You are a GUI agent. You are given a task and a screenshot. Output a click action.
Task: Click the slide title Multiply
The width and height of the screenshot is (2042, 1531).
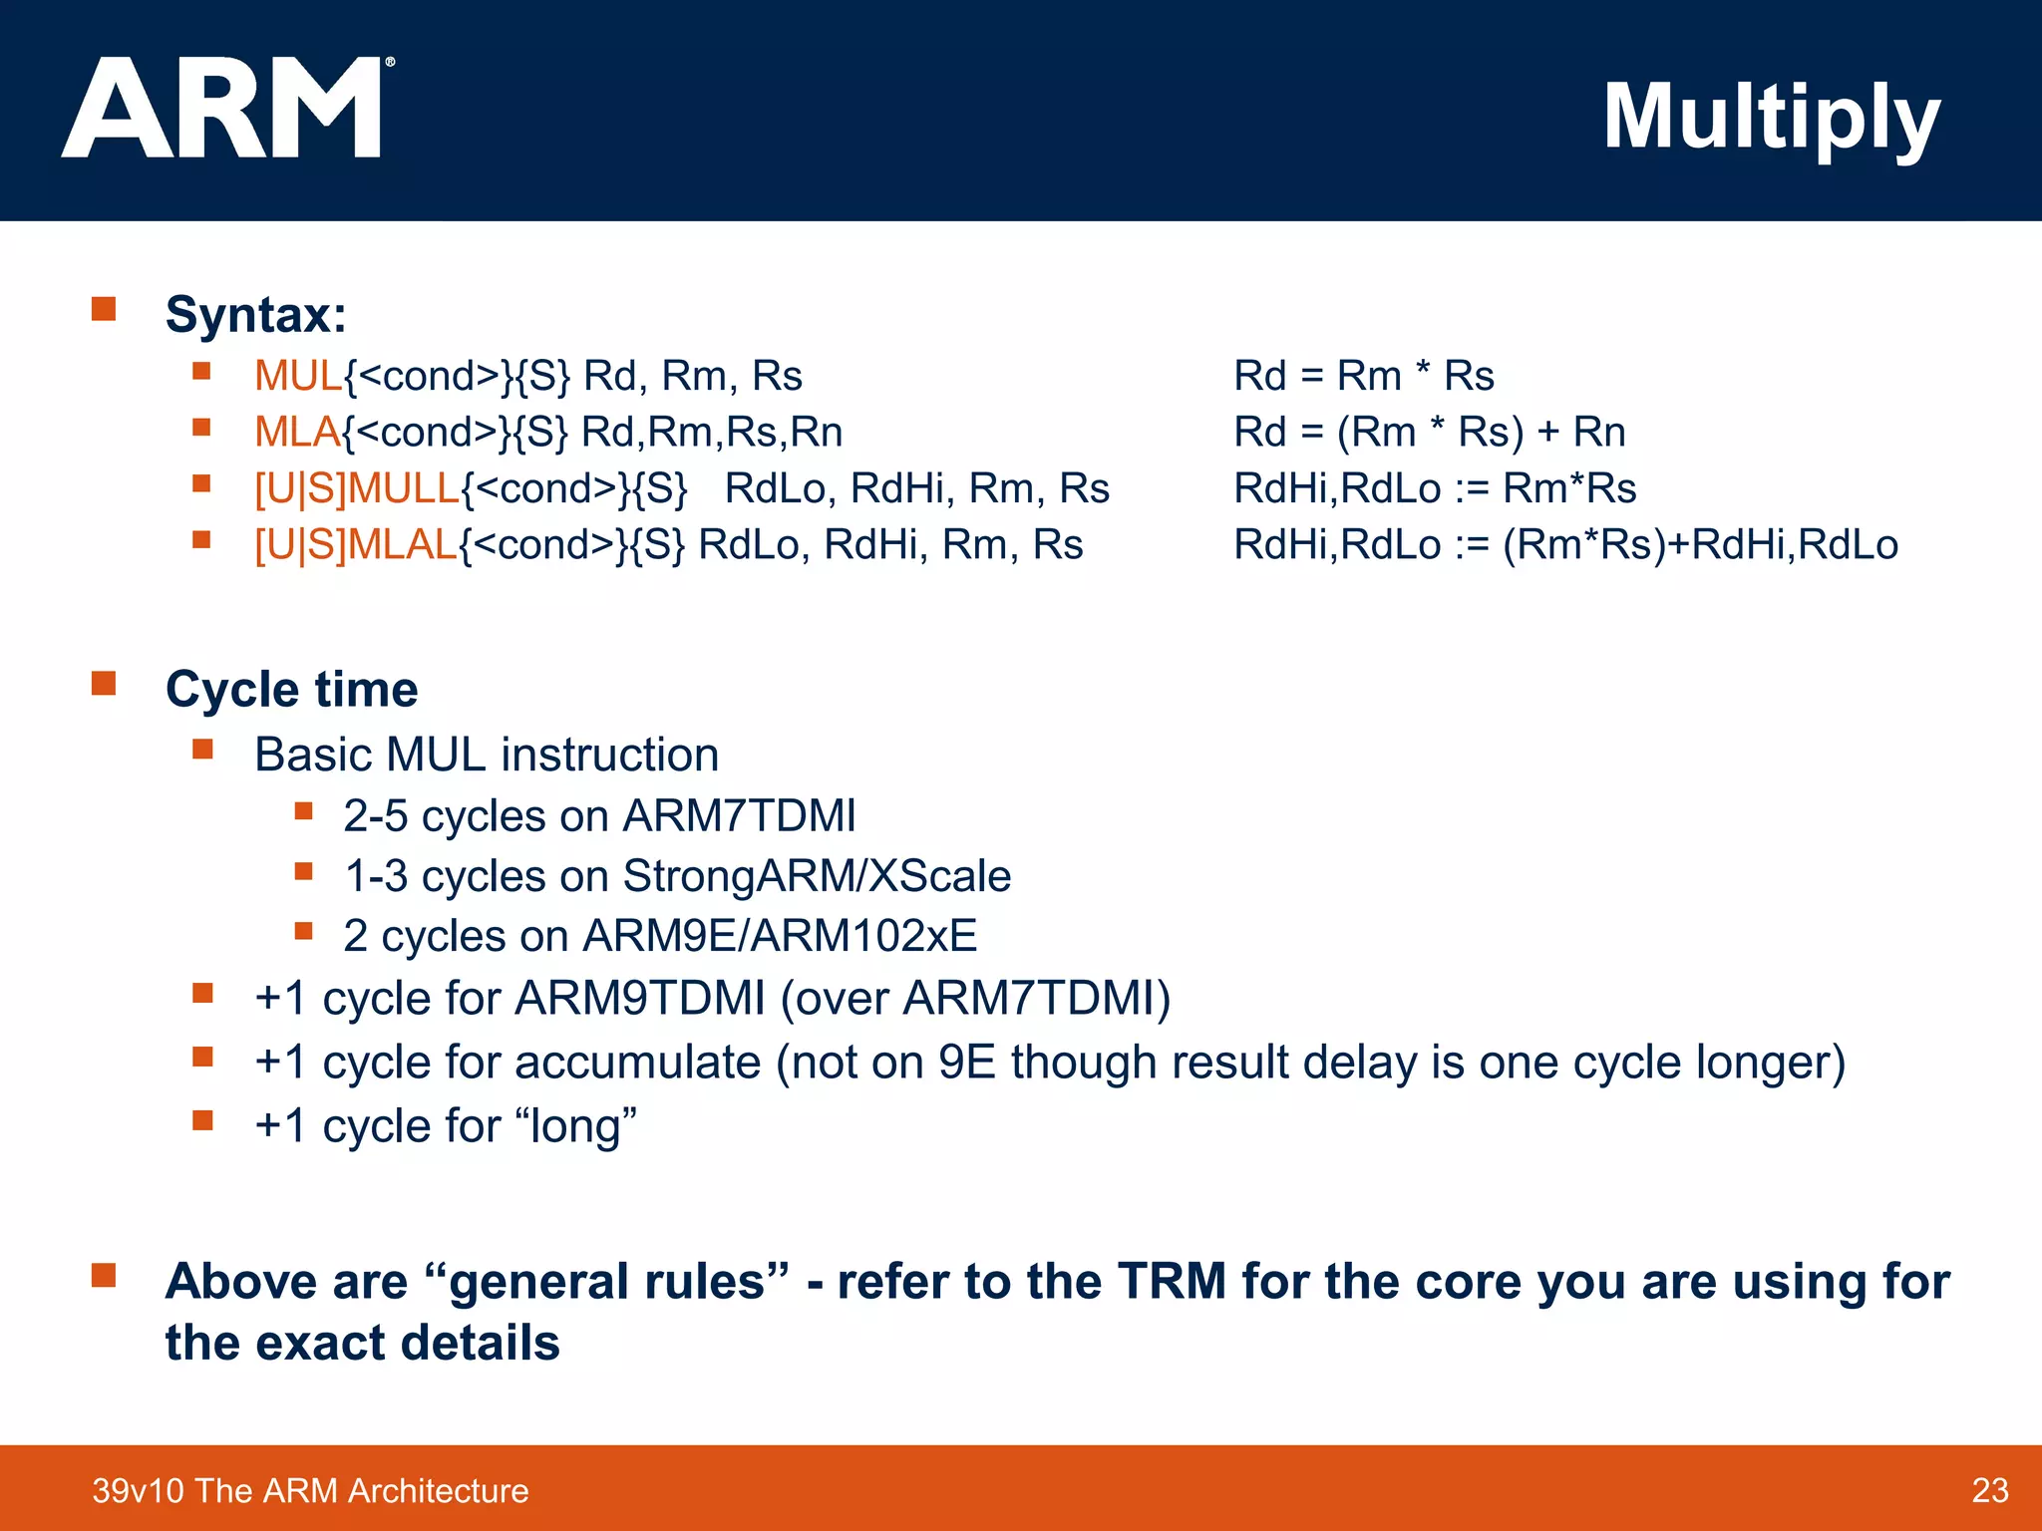coord(1771,118)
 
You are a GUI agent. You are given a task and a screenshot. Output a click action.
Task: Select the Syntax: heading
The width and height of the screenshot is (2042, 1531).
coord(256,314)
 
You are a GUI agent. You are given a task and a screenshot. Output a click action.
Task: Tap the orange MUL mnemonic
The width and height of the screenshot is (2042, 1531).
coord(297,376)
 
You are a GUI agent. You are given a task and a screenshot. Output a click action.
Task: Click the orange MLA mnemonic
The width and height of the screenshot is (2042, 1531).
coord(296,432)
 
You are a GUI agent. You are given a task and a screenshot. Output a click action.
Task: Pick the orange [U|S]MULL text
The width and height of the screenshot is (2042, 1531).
coord(356,488)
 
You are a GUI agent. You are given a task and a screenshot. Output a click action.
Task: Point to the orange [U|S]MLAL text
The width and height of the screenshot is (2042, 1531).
coord(355,544)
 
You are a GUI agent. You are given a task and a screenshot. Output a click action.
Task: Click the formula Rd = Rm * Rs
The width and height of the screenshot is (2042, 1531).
coord(1363,376)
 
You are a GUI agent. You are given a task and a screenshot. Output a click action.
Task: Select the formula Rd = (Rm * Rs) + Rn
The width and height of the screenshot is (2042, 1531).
coord(1429,432)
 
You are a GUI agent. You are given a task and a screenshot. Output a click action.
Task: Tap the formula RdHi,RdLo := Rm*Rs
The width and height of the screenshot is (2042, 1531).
coord(1434,488)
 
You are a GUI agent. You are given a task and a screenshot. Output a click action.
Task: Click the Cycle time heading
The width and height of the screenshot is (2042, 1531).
coord(291,689)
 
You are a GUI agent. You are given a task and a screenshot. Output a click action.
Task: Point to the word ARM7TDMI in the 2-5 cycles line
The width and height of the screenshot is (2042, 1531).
coord(739,815)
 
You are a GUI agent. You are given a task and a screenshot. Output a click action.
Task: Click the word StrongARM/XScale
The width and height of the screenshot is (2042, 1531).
coord(817,876)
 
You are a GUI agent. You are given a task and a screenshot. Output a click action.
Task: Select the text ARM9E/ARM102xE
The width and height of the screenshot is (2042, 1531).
coord(779,936)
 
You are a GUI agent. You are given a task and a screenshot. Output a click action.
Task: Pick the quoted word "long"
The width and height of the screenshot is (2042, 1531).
coord(575,1126)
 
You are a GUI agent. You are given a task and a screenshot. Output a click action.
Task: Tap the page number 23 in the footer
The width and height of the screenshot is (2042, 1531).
coord(1989,1490)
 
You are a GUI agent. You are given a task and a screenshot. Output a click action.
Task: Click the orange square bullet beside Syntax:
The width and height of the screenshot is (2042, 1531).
coord(104,308)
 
